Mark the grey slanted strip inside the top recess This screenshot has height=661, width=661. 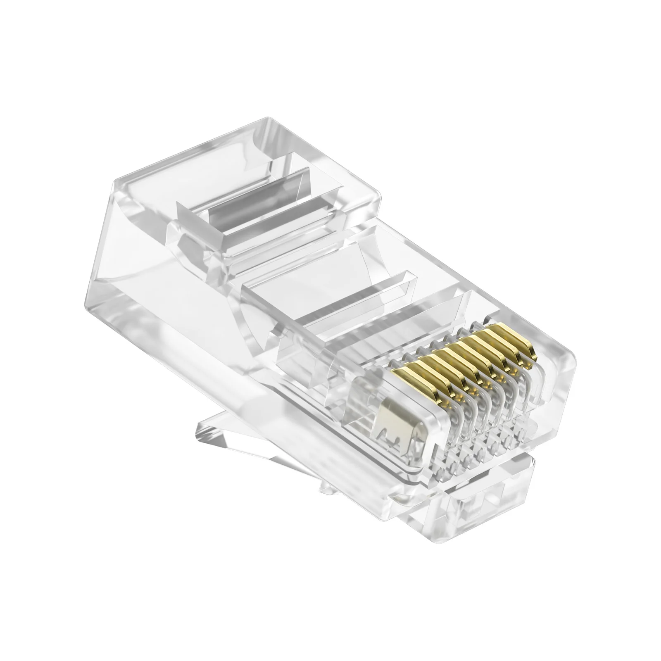pyautogui.click(x=256, y=194)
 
